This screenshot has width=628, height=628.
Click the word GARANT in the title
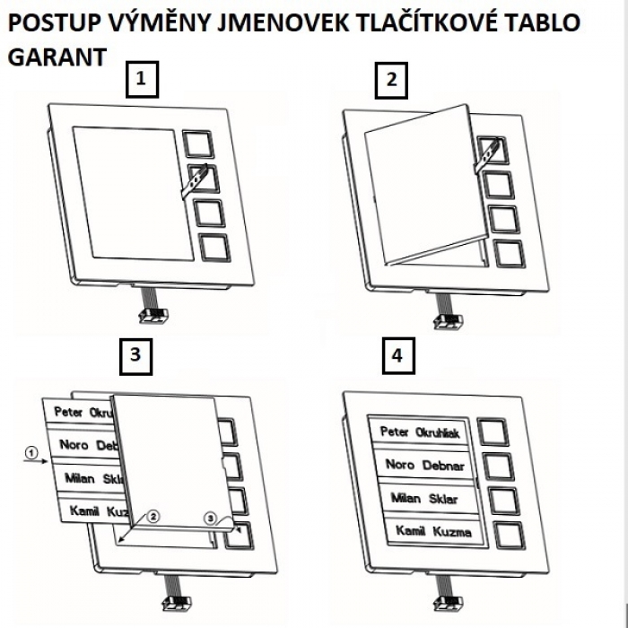tap(57, 57)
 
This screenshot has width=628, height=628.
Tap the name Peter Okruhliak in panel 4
tap(420, 432)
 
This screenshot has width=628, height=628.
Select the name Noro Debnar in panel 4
tap(424, 465)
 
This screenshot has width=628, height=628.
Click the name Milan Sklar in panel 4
tap(424, 498)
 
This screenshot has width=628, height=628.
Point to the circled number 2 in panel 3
tap(153, 516)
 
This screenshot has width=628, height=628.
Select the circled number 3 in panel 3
tap(211, 518)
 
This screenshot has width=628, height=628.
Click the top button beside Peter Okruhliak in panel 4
tap(492, 432)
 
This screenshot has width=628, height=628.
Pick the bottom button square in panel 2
tap(508, 254)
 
